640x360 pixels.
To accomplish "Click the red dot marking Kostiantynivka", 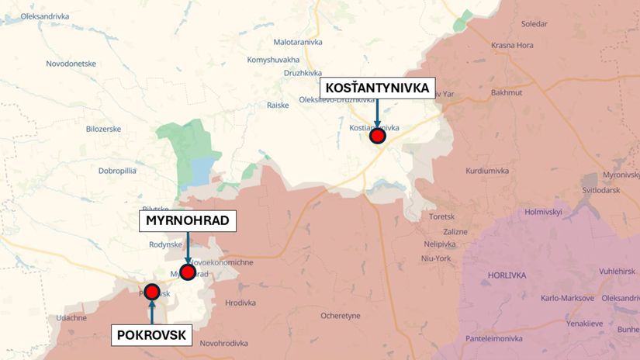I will click(378, 137).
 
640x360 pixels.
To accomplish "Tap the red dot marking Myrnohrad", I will click(187, 272).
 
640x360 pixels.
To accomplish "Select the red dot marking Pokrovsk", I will click(152, 292).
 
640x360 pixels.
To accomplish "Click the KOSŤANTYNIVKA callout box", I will click(377, 88).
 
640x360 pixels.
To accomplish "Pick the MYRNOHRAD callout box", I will click(187, 221).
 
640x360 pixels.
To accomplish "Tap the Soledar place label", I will click(534, 25).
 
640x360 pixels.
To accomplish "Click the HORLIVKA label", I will click(507, 275).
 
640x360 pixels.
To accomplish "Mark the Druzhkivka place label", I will click(303, 73).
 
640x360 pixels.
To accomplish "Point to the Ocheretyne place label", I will click(341, 316).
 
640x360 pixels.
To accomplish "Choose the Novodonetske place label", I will click(71, 64).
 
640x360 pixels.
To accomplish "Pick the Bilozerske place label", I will click(103, 129).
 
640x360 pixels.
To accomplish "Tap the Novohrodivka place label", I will click(223, 343).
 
